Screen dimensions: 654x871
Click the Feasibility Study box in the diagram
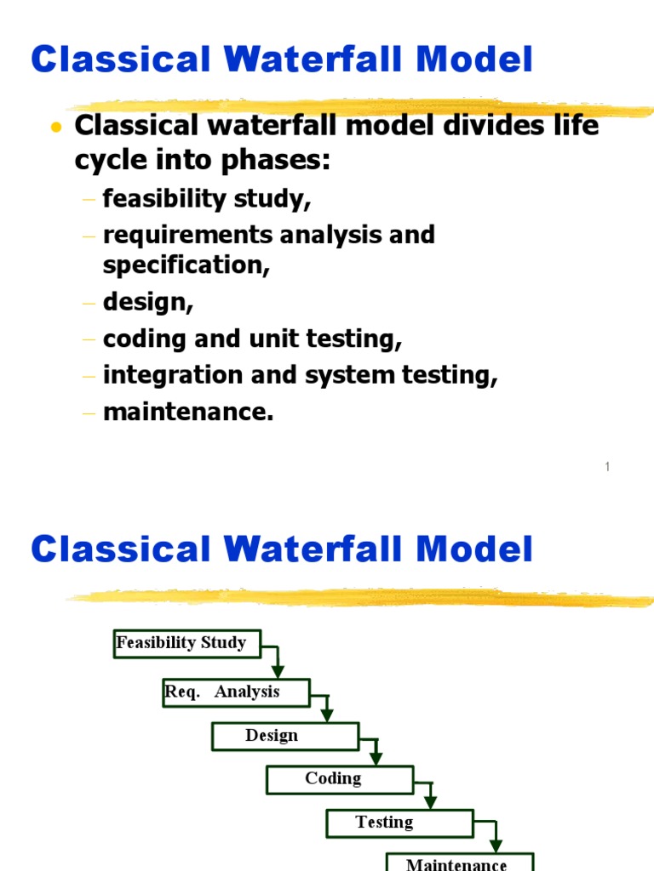187,644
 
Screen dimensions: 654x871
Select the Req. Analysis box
237,692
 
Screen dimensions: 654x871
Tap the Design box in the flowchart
285,737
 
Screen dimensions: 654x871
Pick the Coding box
340,780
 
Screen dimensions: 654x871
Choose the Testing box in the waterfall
400,823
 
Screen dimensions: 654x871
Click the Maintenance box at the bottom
460,862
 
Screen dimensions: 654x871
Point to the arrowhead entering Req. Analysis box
278,671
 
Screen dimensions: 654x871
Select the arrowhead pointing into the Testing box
430,802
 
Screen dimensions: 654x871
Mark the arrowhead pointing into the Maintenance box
496,845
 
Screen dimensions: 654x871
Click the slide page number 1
607,467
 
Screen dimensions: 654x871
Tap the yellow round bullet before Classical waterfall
55,128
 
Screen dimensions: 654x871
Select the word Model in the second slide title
474,549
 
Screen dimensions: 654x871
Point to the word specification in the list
186,265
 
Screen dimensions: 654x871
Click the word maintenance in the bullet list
188,412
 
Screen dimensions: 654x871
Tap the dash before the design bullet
89,304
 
